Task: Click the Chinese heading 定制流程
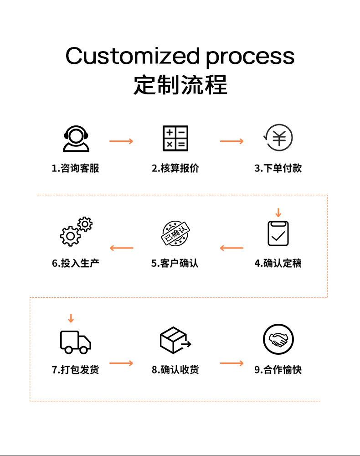click(x=180, y=85)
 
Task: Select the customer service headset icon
click(x=76, y=139)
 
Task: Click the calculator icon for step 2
click(x=175, y=139)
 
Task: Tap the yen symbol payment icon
click(x=278, y=138)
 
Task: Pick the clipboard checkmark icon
click(x=278, y=233)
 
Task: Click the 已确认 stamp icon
click(x=175, y=233)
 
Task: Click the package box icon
click(x=175, y=340)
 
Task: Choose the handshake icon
click(x=278, y=340)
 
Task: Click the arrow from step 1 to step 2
click(x=121, y=141)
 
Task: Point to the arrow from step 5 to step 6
click(x=121, y=248)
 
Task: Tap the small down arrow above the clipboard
click(x=278, y=212)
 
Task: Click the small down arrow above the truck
click(x=71, y=318)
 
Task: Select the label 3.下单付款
click(x=278, y=168)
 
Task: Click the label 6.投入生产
click(x=75, y=263)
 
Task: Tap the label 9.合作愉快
click(x=278, y=370)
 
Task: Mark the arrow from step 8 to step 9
click(x=232, y=363)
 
